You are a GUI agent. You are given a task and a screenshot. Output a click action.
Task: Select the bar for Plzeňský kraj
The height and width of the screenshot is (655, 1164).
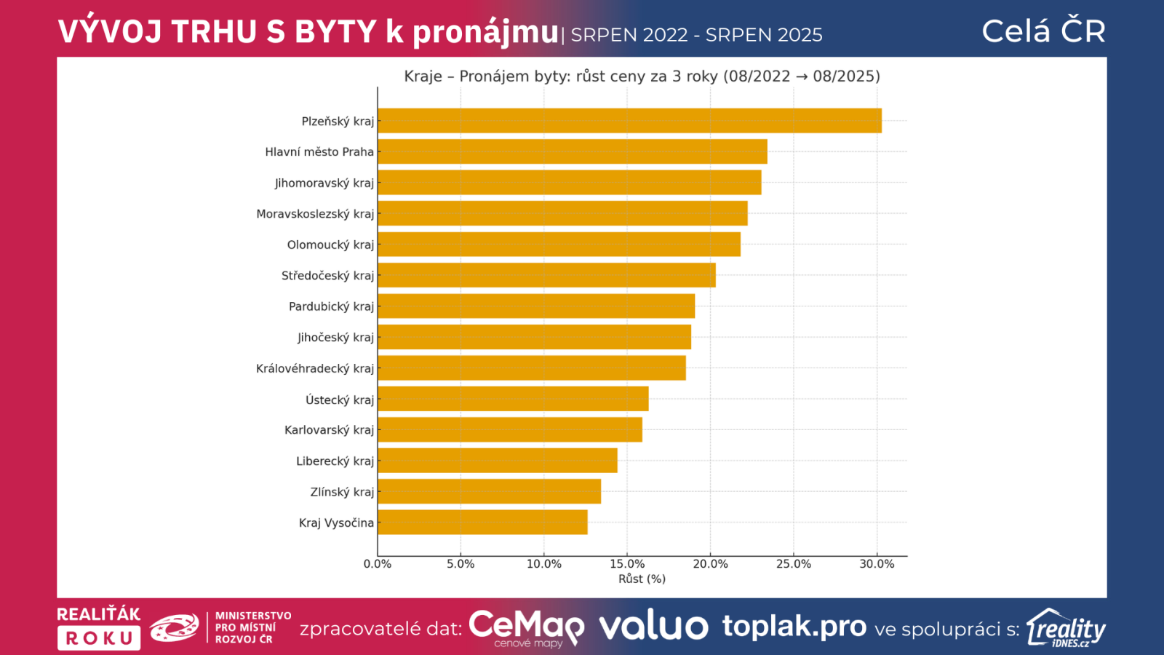pyautogui.click(x=629, y=121)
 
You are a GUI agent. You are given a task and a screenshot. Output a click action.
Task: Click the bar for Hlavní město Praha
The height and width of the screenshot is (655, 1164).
pyautogui.click(x=573, y=151)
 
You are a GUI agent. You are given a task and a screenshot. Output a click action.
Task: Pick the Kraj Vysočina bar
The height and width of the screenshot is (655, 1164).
pyautogui.click(x=482, y=523)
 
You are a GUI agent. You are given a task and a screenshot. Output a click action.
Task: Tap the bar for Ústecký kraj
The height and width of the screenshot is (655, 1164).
pyautogui.click(x=513, y=399)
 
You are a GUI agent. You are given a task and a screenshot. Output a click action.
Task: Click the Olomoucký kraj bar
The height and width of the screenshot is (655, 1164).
pyautogui.click(x=559, y=245)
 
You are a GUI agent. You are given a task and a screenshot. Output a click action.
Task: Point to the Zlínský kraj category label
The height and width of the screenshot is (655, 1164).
pyautogui.click(x=342, y=492)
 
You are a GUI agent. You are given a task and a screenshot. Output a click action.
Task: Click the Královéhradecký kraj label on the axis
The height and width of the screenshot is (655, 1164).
pyautogui.click(x=314, y=368)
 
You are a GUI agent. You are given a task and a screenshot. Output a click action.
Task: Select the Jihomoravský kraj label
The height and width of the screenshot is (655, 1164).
pyautogui.click(x=324, y=183)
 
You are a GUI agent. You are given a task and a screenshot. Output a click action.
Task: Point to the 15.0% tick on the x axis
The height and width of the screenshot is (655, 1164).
pyautogui.click(x=627, y=564)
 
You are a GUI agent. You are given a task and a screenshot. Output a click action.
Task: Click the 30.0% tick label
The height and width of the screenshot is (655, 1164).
pyautogui.click(x=877, y=564)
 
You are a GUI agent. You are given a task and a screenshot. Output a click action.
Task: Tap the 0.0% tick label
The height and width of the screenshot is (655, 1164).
pyautogui.click(x=378, y=564)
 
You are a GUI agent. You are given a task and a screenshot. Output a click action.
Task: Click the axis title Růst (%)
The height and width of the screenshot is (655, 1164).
pyautogui.click(x=642, y=579)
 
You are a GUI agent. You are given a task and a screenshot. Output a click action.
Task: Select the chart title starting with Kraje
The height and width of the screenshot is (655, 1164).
pyautogui.click(x=642, y=76)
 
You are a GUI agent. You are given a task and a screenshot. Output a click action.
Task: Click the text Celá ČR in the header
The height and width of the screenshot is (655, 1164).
pyautogui.click(x=1043, y=31)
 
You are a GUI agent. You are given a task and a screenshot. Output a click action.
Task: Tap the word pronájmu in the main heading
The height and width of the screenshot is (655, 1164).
pyautogui.click(x=485, y=32)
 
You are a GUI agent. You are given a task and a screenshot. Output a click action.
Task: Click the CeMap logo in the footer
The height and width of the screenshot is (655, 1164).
pyautogui.click(x=526, y=627)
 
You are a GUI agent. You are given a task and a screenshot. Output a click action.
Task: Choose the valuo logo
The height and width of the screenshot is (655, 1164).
pyautogui.click(x=653, y=627)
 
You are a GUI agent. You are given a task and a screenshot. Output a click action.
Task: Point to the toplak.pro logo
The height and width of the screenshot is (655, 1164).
pyautogui.click(x=794, y=626)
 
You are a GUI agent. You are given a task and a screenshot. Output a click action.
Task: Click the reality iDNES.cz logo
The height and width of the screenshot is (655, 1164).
pyautogui.click(x=1067, y=628)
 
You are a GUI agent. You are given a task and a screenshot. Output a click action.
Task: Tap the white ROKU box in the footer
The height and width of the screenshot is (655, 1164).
pyautogui.click(x=99, y=638)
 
